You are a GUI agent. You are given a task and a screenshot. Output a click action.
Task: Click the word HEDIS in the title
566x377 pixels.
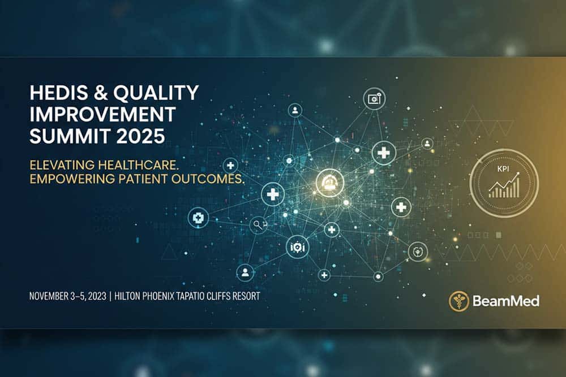[x=58, y=93]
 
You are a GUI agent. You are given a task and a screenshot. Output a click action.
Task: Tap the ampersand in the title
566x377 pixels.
[x=101, y=93]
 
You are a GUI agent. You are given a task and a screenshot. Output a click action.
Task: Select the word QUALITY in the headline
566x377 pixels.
[x=156, y=93]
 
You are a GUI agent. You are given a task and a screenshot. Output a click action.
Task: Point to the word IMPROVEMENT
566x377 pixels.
[x=102, y=114]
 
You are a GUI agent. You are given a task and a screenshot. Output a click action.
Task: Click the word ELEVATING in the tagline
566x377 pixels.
[x=62, y=165]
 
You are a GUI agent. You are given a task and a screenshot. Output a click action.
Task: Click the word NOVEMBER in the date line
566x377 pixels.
[x=49, y=296]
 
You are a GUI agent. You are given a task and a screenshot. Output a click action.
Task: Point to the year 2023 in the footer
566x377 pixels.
[x=97, y=296]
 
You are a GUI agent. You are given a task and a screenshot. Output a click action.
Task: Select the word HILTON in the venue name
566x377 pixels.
[x=127, y=296]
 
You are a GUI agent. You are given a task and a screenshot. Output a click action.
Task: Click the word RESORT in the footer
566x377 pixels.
[x=246, y=296]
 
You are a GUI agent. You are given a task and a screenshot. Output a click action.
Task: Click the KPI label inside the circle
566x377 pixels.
[x=503, y=168]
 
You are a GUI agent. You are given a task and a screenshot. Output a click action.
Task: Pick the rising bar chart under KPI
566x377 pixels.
[x=504, y=185]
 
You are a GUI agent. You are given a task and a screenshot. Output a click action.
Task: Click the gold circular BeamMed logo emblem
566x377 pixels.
[x=459, y=301]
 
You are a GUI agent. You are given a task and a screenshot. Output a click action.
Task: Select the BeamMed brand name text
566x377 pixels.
[x=506, y=301]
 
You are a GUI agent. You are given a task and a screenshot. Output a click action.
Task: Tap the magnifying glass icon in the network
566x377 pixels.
[x=258, y=225]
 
